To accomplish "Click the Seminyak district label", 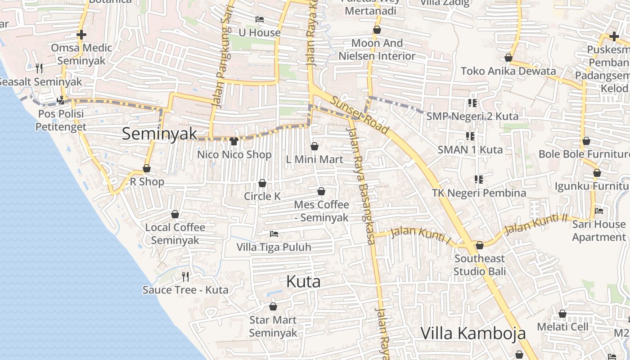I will tap(160, 134).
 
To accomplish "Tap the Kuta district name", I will tap(303, 282).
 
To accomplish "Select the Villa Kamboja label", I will tap(473, 333).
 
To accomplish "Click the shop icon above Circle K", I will tap(262, 183).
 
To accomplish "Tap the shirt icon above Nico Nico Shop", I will tap(234, 141).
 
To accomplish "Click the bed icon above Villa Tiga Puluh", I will tap(274, 234).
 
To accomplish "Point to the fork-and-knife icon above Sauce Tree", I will tap(185, 276).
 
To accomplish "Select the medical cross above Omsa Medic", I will tap(81, 35).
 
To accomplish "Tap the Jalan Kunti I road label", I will tap(421, 236).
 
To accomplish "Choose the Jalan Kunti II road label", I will tap(535, 224).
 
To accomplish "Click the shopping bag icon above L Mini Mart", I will tap(315, 146).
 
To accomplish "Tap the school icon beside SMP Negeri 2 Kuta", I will tap(472, 103).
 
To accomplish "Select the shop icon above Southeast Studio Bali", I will tap(480, 245).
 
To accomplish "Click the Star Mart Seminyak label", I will tap(273, 326).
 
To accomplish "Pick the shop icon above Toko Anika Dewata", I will tap(508, 58).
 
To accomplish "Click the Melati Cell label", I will tap(562, 327).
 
